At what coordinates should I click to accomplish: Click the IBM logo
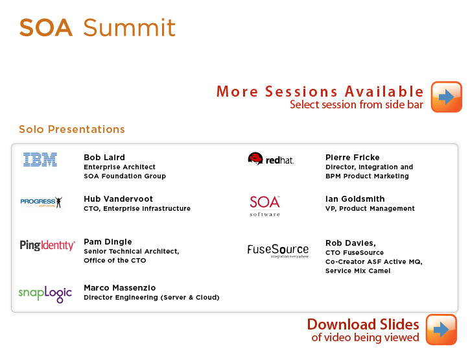click(40, 160)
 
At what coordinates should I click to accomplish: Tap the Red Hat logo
click(271, 159)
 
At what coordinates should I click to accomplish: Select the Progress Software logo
click(41, 202)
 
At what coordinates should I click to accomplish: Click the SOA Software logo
click(265, 206)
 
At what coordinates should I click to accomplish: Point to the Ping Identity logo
click(47, 245)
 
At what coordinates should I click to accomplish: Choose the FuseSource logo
click(278, 250)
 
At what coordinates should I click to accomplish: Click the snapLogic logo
click(45, 294)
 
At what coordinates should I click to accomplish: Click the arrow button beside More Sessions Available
click(446, 97)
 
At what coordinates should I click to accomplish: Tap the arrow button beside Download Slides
click(441, 330)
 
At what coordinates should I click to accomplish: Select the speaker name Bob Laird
click(104, 157)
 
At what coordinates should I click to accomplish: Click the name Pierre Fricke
click(353, 157)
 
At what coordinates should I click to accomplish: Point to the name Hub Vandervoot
click(119, 198)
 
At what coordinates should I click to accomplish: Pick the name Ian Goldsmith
click(355, 198)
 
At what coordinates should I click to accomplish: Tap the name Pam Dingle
click(108, 241)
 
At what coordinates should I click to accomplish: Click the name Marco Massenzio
click(120, 288)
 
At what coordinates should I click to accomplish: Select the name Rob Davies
click(350, 243)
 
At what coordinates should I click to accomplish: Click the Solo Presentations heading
click(72, 129)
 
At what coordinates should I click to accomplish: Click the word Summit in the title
click(129, 28)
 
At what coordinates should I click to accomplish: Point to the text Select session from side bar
click(357, 104)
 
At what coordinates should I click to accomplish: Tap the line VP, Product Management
click(370, 208)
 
